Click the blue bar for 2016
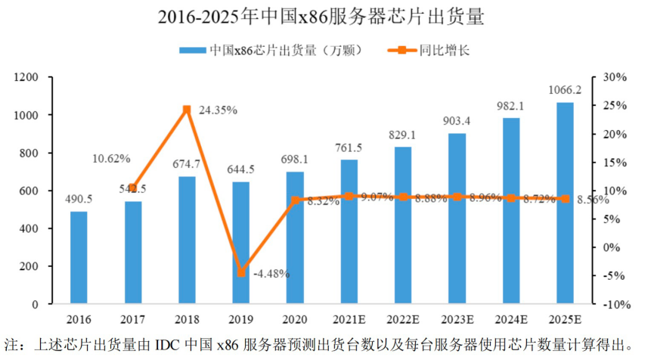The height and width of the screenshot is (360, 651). pos(79,257)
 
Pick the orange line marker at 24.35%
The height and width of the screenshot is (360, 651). pos(187,110)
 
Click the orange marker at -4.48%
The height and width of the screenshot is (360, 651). pos(241,273)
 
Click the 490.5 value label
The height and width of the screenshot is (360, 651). pos(79,200)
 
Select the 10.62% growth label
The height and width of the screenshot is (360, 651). pos(111,159)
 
